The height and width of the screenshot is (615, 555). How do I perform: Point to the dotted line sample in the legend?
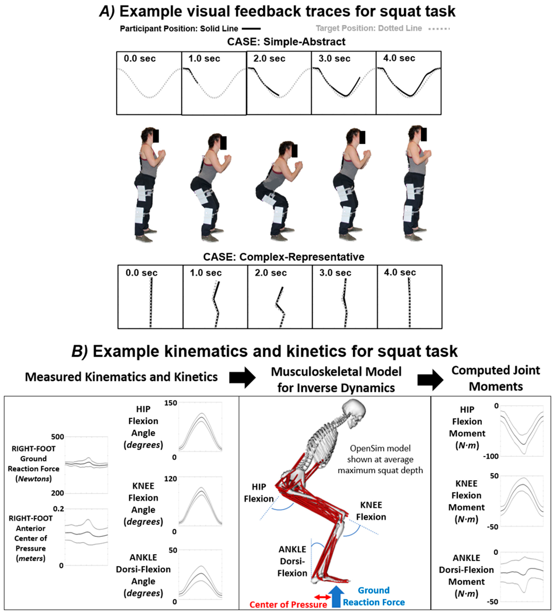pyautogui.click(x=439, y=29)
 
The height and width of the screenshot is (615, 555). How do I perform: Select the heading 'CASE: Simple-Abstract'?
pyautogui.click(x=286, y=42)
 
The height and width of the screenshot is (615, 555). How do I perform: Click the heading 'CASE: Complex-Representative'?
pyautogui.click(x=283, y=257)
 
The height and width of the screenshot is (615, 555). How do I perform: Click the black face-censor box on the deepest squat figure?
pyautogui.click(x=294, y=151)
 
